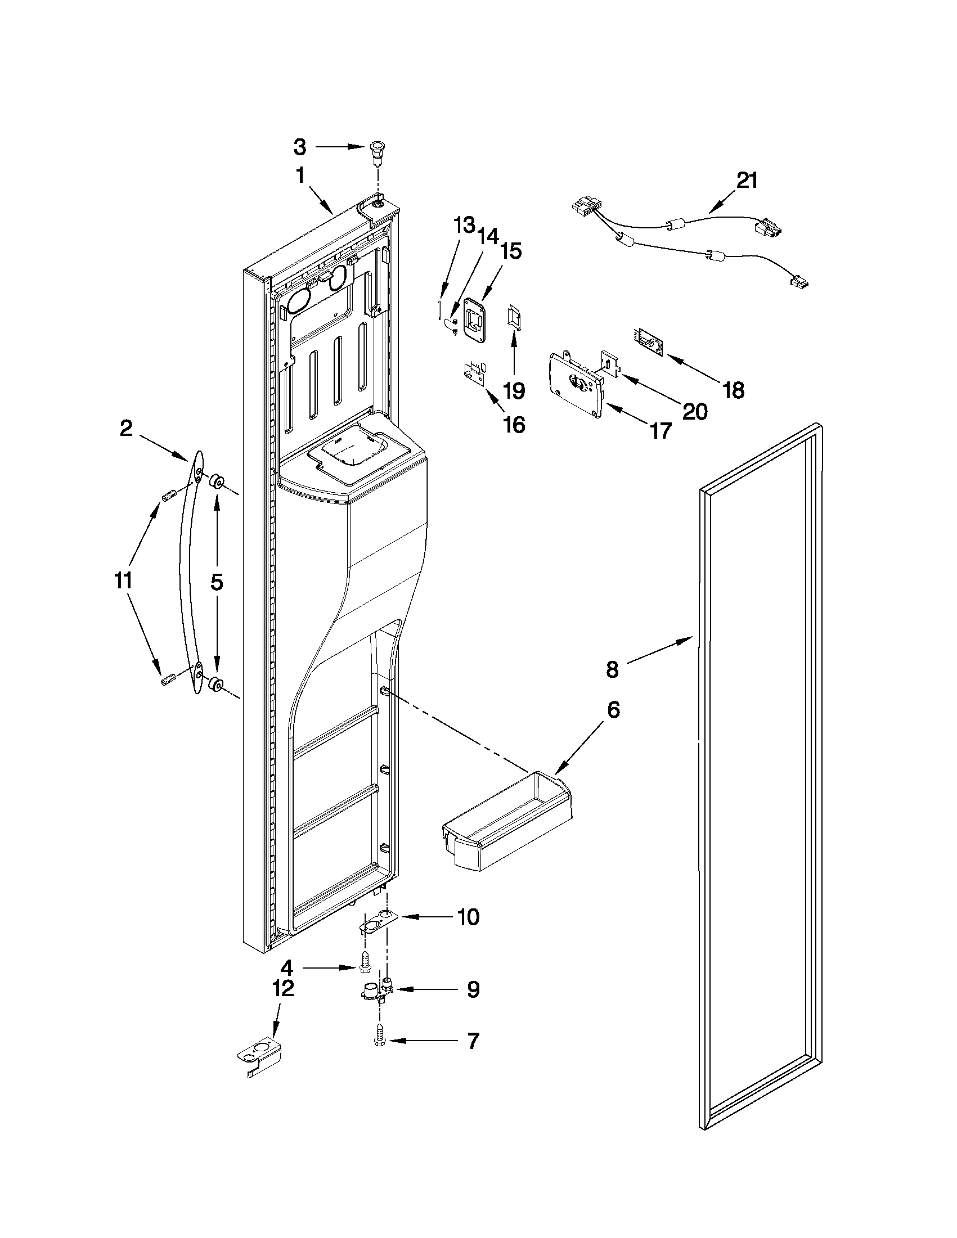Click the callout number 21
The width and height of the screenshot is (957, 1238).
(x=747, y=180)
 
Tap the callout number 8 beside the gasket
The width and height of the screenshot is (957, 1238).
(x=612, y=669)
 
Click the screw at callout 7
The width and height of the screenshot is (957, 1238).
(x=379, y=1041)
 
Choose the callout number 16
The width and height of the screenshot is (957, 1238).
(x=514, y=424)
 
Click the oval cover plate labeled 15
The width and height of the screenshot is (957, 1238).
(x=475, y=319)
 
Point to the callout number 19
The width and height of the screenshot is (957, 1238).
(x=514, y=390)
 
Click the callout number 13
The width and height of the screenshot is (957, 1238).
(x=463, y=226)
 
